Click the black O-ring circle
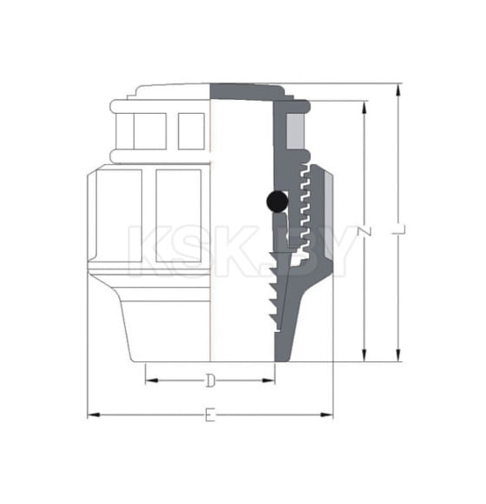pyautogui.click(x=276, y=202)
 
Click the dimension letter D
pyautogui.click(x=209, y=380)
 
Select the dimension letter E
pyautogui.click(x=209, y=415)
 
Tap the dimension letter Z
pyautogui.click(x=364, y=233)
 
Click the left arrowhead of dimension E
pyautogui.click(x=91, y=415)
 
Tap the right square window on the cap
pyautogui.click(x=191, y=130)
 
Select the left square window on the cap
pyautogui.click(x=149, y=130)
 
